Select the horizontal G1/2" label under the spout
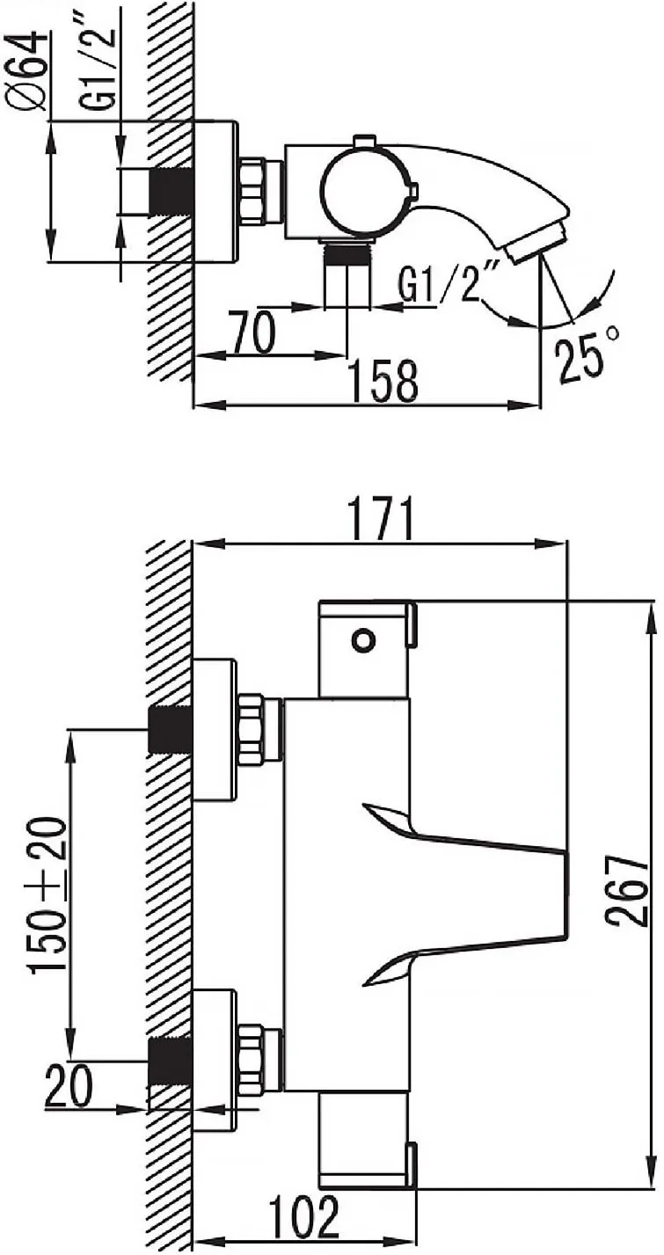[x=444, y=285]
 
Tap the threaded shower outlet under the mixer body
[x=347, y=254]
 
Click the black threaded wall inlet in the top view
[x=172, y=191]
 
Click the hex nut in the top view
[x=254, y=190]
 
